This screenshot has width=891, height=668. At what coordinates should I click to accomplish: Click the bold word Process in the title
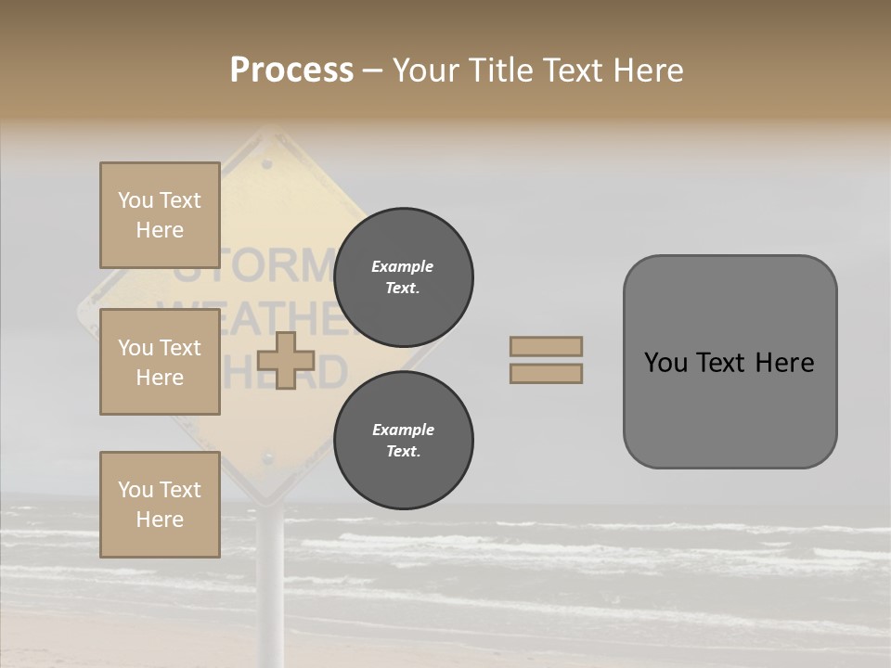tap(291, 71)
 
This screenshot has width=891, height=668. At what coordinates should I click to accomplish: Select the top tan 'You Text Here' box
tap(160, 215)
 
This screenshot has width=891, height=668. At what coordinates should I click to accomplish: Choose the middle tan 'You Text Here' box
tap(160, 362)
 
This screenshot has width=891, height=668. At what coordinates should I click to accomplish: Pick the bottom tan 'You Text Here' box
tap(160, 504)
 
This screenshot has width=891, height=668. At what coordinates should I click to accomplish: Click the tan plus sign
tap(285, 361)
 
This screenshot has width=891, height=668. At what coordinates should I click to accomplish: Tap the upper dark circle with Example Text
tap(404, 277)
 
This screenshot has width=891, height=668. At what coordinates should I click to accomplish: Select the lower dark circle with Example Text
tap(404, 441)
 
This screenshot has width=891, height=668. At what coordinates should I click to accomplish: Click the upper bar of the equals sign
tap(546, 346)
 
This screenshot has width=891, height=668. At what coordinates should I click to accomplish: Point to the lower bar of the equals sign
tap(546, 373)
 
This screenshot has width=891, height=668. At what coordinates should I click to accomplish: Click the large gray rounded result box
tap(730, 408)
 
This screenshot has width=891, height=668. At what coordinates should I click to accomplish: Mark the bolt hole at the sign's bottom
tap(268, 458)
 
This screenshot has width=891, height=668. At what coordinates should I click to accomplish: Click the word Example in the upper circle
tap(403, 266)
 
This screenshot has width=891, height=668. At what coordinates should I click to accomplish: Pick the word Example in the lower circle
tap(403, 430)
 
